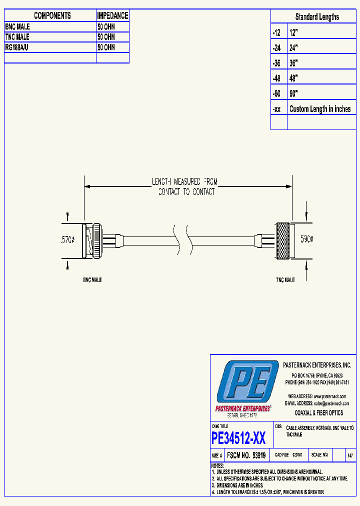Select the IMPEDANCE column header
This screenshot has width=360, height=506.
pos(112,16)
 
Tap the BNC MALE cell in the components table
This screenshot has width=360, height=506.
pos(17,27)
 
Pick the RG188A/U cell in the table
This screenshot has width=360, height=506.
pos(18,47)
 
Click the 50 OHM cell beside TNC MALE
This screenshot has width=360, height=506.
pos(106,37)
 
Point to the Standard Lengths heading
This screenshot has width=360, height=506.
pos(316,17)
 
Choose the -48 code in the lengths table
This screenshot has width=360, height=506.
pos(276,78)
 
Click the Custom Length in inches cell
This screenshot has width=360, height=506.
pos(320,109)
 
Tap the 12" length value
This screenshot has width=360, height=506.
pos(293,32)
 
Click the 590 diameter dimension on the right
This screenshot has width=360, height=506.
pos(306,240)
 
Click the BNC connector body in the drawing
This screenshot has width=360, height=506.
pos(93,240)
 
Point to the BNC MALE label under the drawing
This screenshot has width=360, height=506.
pos(92,280)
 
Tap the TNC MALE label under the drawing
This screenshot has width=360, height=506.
pos(285,280)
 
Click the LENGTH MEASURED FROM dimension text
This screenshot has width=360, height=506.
pos(185,181)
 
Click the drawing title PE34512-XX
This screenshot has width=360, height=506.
pos(238,438)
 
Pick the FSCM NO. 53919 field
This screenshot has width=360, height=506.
pos(245,455)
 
